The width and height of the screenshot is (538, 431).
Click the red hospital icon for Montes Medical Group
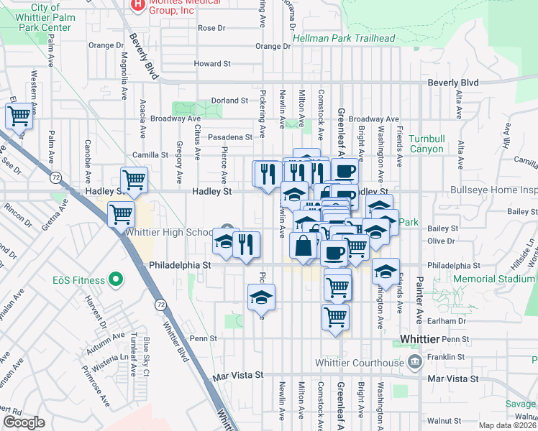pos(137,6)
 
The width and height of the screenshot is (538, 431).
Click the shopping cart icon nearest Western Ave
pos(19,115)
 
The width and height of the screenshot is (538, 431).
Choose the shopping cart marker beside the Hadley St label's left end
pos(134,179)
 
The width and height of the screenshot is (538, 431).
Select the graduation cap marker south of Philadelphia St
pos(262,297)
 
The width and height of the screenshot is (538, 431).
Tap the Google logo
pos(24,422)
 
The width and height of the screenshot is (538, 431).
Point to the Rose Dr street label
pos(211,28)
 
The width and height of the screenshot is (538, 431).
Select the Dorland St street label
pos(229,101)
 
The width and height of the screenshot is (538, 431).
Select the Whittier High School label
pos(168,233)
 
